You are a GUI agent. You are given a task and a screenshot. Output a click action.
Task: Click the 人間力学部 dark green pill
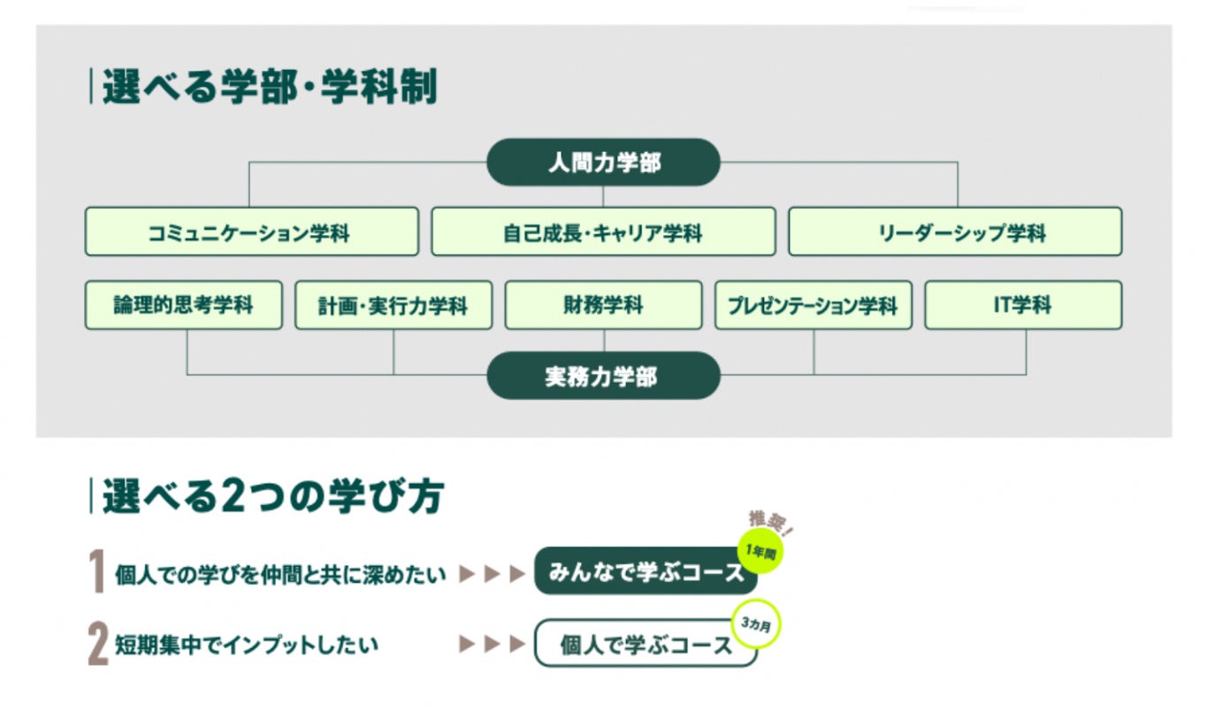(x=603, y=163)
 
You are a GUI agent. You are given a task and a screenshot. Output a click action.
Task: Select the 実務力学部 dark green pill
(x=603, y=376)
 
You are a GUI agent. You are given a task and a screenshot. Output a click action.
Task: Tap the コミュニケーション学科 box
(x=251, y=232)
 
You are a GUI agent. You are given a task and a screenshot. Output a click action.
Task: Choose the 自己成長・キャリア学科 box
(x=603, y=232)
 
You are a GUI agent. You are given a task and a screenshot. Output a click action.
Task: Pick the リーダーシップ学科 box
(x=955, y=232)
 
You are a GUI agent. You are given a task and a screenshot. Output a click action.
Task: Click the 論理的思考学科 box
(x=184, y=305)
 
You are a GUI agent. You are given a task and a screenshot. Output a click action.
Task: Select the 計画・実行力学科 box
(x=394, y=305)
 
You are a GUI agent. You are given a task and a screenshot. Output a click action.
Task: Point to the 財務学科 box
(x=603, y=305)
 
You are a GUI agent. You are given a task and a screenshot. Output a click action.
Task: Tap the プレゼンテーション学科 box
(x=813, y=305)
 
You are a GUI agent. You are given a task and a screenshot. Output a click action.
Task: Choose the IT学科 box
(x=1023, y=305)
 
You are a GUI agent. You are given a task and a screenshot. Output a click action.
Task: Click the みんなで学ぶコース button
(x=646, y=572)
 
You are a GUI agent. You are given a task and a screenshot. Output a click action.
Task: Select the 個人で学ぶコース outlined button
(x=646, y=644)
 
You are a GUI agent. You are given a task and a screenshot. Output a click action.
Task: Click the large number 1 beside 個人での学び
(x=98, y=572)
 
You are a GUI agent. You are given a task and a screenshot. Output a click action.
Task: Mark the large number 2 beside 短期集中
(x=98, y=645)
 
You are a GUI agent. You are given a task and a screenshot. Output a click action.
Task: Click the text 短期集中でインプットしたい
(x=247, y=645)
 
